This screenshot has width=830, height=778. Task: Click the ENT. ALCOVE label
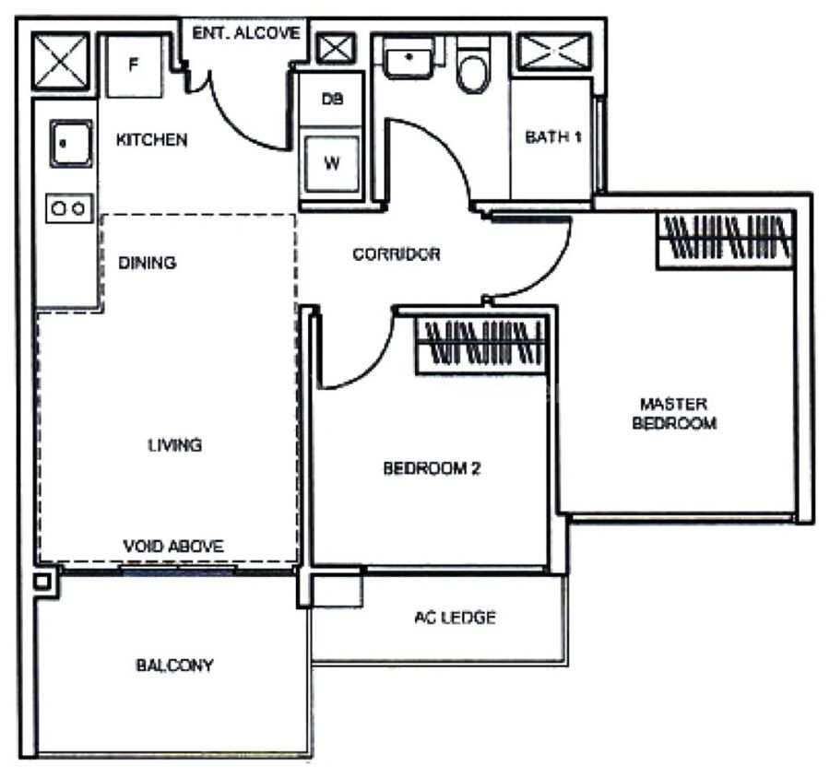245,33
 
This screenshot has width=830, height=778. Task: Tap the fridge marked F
135,66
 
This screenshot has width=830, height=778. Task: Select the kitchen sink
71,144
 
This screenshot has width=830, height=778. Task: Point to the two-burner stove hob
69,208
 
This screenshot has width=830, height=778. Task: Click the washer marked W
332,163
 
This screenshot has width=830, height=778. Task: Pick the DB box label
332,99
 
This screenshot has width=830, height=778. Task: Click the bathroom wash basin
409,58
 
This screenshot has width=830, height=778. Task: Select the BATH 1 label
553,137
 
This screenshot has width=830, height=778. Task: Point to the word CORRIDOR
396,254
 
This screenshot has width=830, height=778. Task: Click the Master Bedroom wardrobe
726,240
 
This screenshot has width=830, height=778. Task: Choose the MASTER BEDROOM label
674,414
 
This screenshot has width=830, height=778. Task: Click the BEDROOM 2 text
432,468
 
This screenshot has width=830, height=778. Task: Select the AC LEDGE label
455,618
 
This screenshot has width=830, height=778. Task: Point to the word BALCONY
174,666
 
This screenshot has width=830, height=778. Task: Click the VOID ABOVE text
173,546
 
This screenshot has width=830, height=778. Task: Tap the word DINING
148,263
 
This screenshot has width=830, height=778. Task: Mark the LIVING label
174,445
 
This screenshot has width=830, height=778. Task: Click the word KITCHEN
151,140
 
